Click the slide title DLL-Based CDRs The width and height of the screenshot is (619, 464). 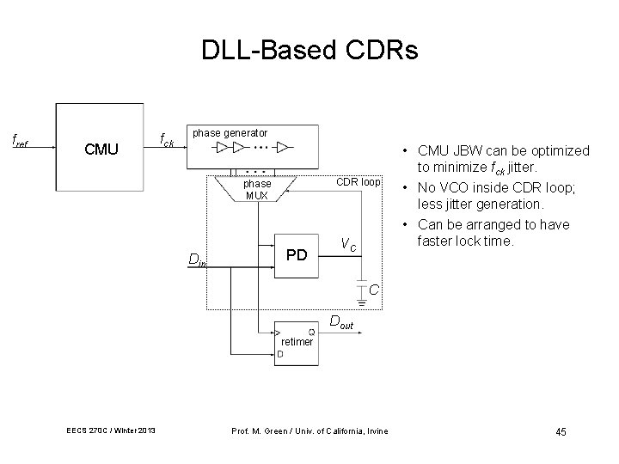309,51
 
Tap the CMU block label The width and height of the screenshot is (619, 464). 101,150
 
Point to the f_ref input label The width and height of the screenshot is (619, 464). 19,139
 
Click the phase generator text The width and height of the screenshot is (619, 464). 230,133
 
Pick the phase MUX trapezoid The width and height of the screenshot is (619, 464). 257,189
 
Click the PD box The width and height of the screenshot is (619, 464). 297,254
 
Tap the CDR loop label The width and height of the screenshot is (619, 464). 358,182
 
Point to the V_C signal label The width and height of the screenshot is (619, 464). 347,244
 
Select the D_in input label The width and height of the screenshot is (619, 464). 197,260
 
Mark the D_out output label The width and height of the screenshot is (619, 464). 341,324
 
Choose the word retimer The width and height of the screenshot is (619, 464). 297,342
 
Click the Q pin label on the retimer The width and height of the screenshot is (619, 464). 310,333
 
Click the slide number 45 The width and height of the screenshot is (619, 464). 560,431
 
